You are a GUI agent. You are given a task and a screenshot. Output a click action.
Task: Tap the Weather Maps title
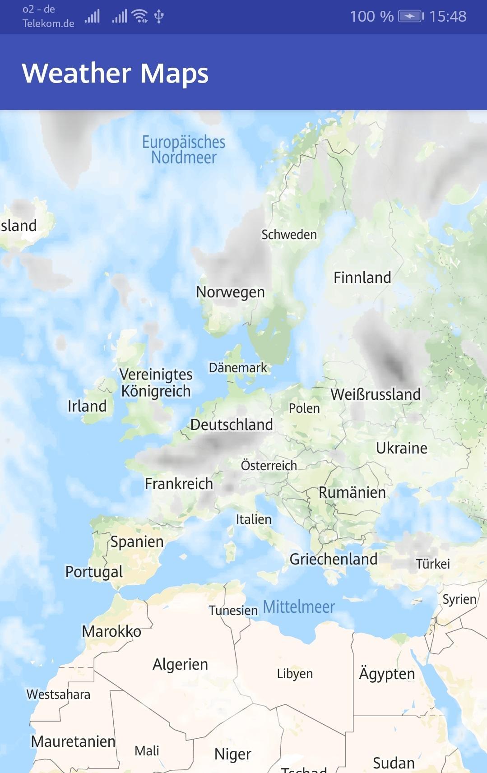(115, 73)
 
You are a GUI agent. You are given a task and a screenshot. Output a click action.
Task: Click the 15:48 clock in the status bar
(448, 17)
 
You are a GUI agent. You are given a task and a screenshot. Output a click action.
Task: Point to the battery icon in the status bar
(411, 17)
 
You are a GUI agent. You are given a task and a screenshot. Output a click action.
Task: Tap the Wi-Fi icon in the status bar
(140, 16)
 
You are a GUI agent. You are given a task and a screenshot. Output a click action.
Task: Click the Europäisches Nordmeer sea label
(184, 150)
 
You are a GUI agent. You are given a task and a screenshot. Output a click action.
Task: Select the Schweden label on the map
(289, 235)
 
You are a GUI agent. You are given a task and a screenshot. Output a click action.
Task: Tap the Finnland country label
(362, 278)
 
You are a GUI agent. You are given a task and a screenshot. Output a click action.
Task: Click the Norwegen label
(230, 292)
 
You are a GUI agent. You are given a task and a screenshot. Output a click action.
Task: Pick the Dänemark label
(238, 368)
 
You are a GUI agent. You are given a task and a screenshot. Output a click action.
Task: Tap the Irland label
(87, 406)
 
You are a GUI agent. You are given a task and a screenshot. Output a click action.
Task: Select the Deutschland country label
(232, 425)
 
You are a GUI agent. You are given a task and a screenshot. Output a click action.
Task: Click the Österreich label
(269, 465)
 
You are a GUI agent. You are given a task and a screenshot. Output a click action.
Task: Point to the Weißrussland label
(376, 394)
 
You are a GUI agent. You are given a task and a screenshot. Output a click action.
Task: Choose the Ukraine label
(402, 448)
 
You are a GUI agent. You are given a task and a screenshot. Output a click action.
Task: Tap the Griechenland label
(334, 559)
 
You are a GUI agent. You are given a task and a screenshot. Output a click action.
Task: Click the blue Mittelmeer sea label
(299, 607)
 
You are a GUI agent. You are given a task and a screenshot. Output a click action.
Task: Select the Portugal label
(94, 572)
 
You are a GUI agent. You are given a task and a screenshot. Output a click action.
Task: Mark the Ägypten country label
(387, 673)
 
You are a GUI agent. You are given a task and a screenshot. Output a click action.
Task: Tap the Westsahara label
(58, 694)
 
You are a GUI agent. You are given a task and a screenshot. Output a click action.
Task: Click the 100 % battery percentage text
(371, 17)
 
